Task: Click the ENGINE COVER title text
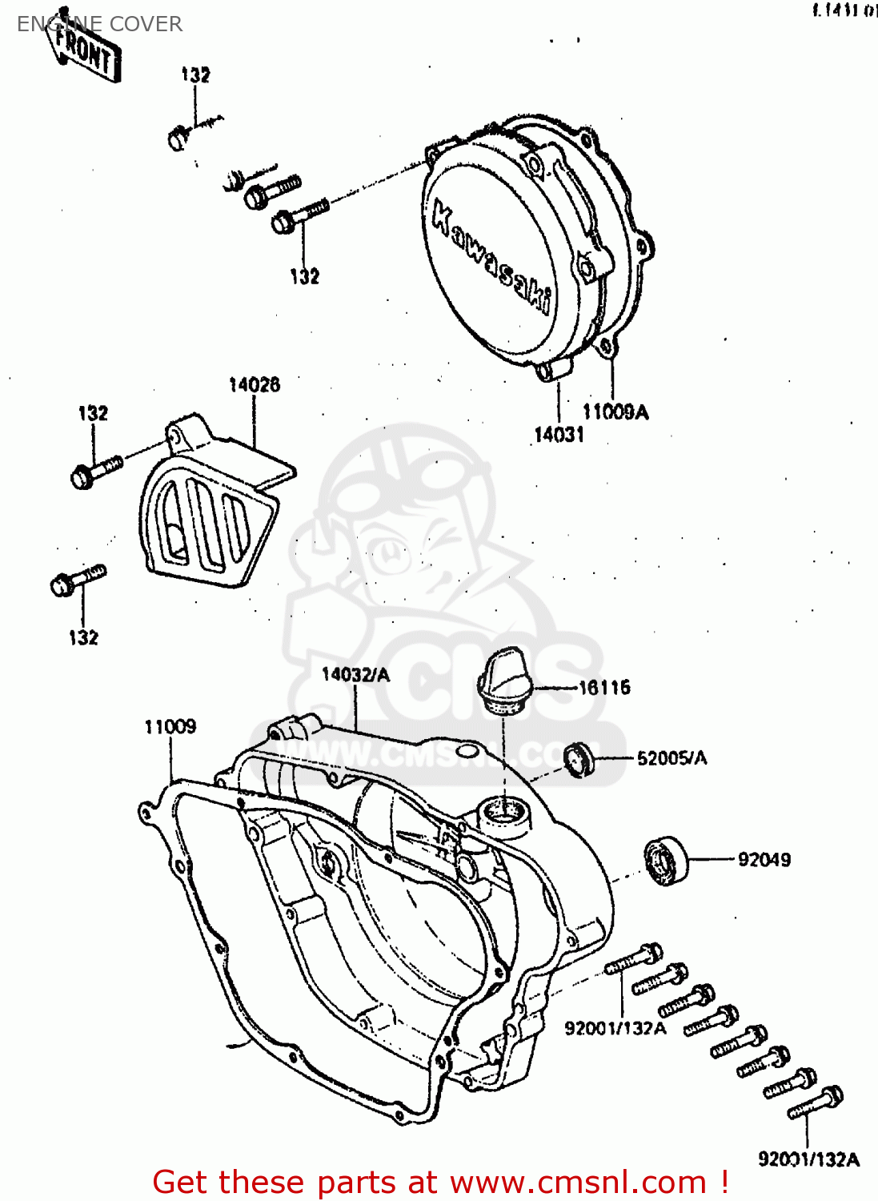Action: pos(99,24)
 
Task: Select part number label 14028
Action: pos(254,385)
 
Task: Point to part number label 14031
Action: pos(559,435)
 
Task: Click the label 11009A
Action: pos(615,412)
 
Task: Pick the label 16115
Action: pos(604,688)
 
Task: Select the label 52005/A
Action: pos(672,758)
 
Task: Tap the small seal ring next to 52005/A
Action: pos(579,759)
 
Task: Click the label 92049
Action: pos(764,860)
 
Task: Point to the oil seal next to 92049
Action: pos(666,861)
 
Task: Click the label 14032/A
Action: pos(355,675)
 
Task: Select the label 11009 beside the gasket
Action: pos(170,727)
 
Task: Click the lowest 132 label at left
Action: pos(83,638)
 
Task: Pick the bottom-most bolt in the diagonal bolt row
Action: pos(816,1103)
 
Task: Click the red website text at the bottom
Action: pos(440,1182)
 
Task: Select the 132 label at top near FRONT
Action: pos(195,75)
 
